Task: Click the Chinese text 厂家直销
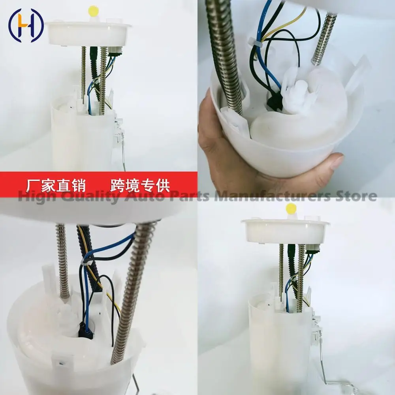point(55,186)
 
